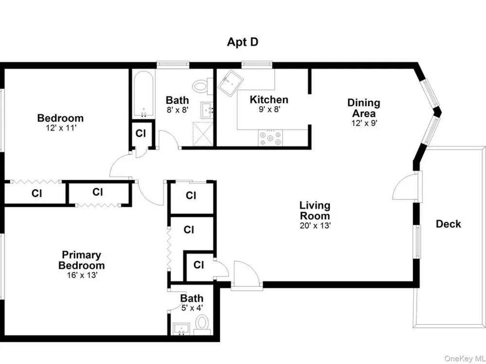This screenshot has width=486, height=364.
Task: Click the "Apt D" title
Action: tap(243, 42)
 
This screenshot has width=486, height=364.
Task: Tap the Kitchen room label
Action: tap(269, 99)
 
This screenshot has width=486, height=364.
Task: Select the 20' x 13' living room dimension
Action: tap(315, 226)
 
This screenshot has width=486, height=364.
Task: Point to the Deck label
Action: tap(448, 224)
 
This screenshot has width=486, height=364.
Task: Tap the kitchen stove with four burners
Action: tap(271, 138)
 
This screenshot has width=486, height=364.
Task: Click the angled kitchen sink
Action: tap(230, 82)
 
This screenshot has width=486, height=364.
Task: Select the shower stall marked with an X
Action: tap(203, 133)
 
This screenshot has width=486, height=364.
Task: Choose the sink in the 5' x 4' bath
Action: tap(181, 329)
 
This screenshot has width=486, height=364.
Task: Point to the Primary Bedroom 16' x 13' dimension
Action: tap(82, 275)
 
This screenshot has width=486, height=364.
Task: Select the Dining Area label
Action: tap(364, 108)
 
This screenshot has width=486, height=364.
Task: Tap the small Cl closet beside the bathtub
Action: tap(141, 133)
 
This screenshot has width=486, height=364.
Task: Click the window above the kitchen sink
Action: tap(257, 65)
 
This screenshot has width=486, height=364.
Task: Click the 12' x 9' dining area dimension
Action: tap(364, 123)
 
